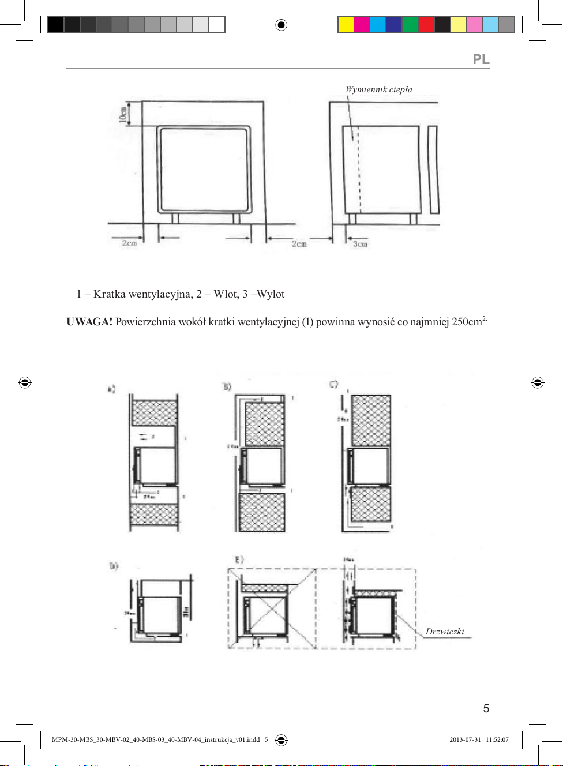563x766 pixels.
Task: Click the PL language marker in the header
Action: point(481,59)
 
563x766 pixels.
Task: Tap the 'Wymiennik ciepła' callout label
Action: point(378,89)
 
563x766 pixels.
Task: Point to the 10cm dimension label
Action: point(123,114)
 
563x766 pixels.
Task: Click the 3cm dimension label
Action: point(360,244)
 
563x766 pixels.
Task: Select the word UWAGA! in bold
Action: point(89,322)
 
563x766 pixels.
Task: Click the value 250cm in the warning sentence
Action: point(467,322)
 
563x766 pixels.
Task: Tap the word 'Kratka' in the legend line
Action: point(109,294)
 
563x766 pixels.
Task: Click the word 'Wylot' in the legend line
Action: point(271,294)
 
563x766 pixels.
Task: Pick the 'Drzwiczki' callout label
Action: point(445,632)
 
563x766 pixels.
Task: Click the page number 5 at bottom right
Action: point(486,708)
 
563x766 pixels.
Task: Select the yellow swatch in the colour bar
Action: point(346,25)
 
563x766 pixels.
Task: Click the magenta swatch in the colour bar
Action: point(362,25)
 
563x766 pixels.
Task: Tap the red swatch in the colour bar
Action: point(426,25)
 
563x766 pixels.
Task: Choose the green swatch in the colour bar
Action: point(410,25)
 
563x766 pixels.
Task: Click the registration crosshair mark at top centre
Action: point(281,25)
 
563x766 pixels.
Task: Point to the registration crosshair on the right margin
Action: point(538,382)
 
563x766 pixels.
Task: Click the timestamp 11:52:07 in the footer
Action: point(497,739)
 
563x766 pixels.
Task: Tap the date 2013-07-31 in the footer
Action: point(465,739)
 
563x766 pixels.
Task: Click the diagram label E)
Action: point(239,560)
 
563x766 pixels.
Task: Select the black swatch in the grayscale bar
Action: point(55,25)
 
